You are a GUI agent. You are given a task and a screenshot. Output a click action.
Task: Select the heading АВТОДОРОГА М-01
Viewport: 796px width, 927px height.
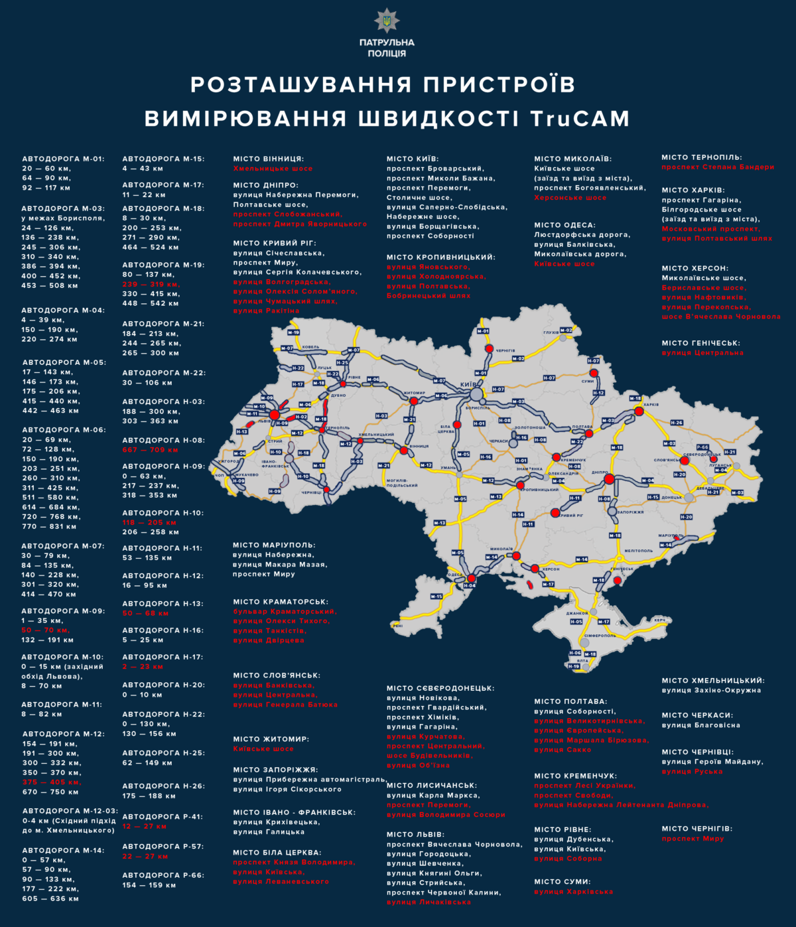pos(63,159)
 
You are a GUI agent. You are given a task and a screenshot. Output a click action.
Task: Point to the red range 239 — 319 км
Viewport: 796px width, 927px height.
pos(151,284)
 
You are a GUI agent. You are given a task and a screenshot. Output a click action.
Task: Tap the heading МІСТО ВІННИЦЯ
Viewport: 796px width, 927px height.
pos(268,159)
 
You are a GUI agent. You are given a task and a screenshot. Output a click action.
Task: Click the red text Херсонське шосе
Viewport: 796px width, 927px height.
pos(570,198)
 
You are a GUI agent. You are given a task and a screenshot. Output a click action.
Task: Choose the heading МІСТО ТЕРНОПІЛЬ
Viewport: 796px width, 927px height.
pos(702,158)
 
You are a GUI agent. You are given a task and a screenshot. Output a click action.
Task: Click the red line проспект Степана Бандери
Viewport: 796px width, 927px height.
pos(717,167)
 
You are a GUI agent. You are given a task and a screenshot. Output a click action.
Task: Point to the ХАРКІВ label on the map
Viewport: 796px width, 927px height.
pos(651,405)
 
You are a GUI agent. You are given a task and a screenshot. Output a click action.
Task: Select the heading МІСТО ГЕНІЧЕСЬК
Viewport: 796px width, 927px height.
pos(700,343)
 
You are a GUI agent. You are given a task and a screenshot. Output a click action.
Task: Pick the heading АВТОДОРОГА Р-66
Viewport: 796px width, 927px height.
pos(163,875)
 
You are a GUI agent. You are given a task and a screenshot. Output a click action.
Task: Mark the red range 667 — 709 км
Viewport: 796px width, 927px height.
pos(150,449)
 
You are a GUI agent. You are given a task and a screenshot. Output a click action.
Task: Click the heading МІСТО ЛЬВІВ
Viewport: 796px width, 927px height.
pos(416,835)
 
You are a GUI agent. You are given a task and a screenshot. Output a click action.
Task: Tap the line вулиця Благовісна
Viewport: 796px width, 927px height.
pos(700,725)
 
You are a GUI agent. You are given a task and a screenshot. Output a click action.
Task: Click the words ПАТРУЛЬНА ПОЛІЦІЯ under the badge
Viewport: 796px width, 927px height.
pos(387,48)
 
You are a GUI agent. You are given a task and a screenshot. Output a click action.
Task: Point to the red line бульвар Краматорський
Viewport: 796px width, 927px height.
pos(285,611)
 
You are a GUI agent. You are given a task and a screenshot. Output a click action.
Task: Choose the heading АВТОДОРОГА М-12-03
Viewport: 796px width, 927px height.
pos(70,811)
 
